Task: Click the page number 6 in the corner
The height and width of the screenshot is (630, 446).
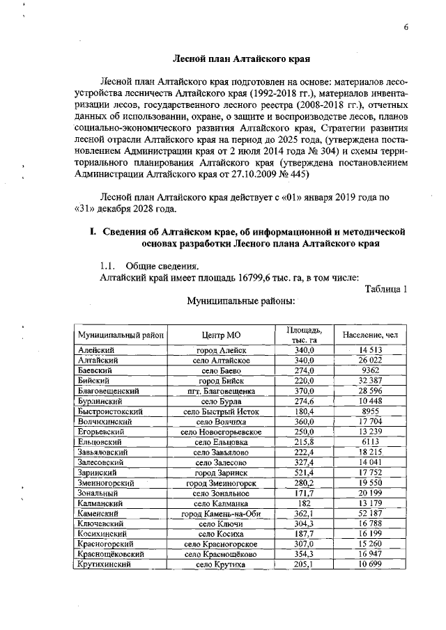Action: (406, 26)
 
